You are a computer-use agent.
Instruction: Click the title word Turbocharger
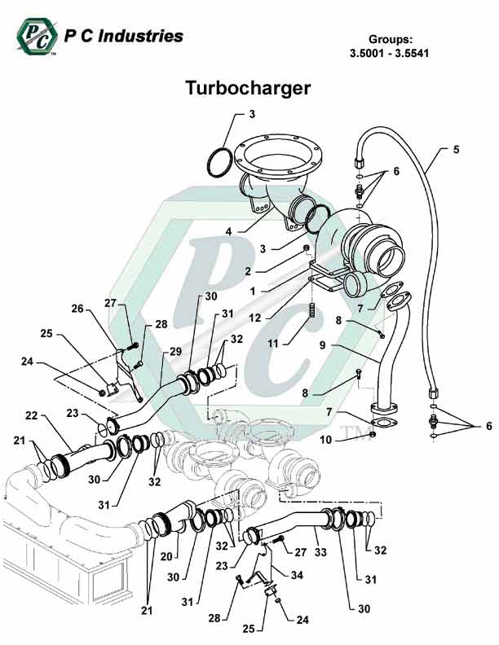point(247,88)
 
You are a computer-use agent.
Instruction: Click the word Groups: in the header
point(391,39)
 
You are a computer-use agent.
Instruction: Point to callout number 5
point(457,150)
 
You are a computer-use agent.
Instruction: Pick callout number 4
point(229,231)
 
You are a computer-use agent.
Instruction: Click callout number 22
point(32,416)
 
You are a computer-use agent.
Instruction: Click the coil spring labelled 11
point(311,312)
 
